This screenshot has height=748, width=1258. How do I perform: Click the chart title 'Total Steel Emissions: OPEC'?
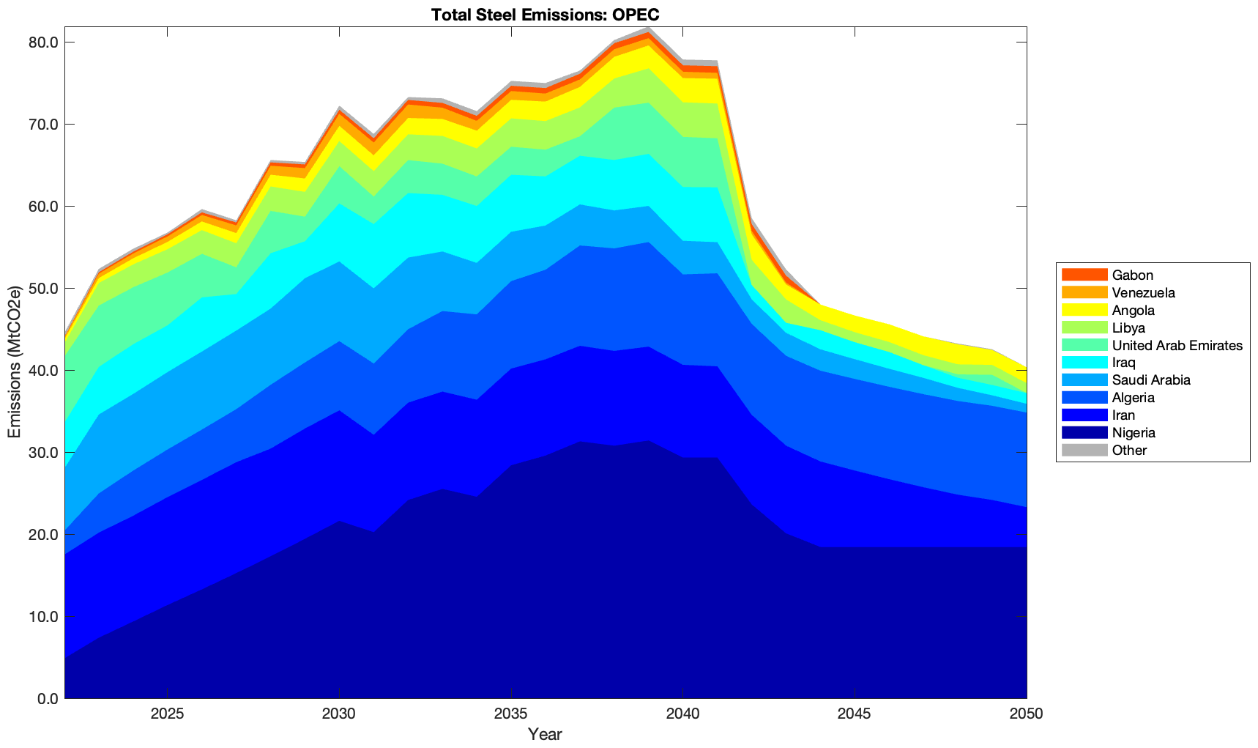tap(545, 15)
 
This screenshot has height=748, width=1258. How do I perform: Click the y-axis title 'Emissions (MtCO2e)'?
tap(14, 362)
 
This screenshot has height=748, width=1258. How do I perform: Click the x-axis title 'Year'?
tap(545, 734)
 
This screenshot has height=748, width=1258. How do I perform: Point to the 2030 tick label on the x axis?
tap(339, 714)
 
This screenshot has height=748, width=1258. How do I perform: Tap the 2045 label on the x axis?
tap(855, 714)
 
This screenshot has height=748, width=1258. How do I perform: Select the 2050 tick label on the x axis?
tap(1026, 714)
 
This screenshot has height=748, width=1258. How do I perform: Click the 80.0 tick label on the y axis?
tap(43, 42)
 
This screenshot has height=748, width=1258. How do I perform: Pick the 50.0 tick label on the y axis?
tap(43, 289)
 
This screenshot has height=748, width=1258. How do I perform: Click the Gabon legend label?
tap(1132, 275)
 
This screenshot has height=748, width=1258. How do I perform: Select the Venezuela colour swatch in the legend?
tap(1084, 292)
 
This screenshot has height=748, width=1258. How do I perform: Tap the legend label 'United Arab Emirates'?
tap(1177, 345)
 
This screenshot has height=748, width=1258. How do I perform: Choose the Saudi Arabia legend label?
tap(1150, 380)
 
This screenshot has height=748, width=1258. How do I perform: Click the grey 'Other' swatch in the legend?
tap(1084, 450)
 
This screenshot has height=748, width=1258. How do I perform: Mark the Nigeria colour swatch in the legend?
tap(1084, 432)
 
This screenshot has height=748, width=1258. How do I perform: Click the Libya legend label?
tap(1128, 327)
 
